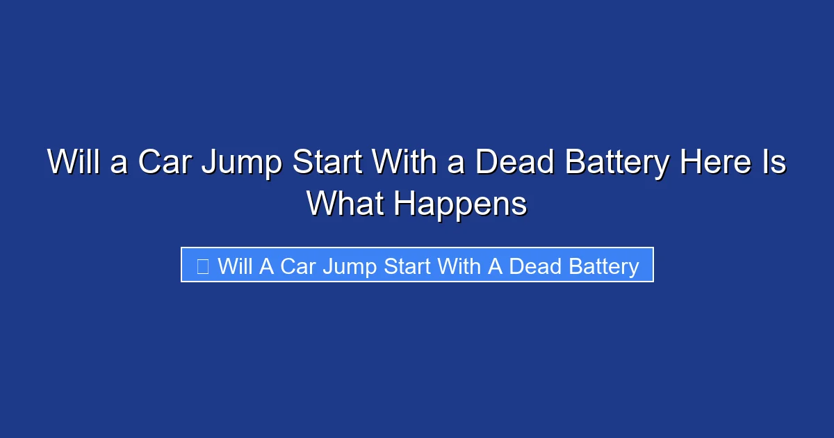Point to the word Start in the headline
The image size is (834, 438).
click(x=326, y=163)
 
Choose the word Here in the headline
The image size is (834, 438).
click(x=718, y=163)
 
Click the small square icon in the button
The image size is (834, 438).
click(x=202, y=266)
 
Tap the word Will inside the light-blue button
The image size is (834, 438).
click(x=236, y=266)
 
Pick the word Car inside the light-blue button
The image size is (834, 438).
click(x=299, y=266)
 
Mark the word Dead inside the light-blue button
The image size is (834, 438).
click(x=533, y=266)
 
